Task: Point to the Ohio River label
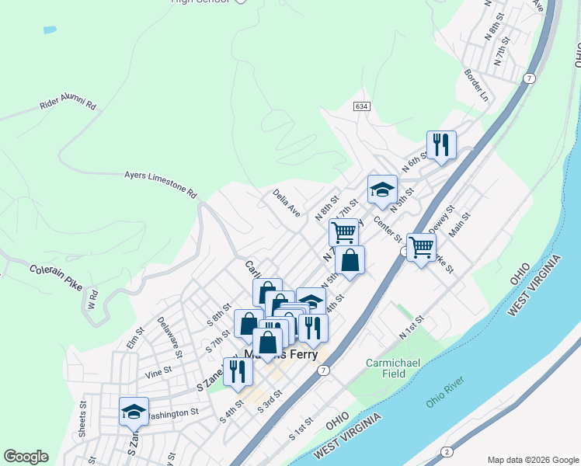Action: click(444, 392)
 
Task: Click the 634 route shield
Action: click(360, 106)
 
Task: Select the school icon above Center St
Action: click(382, 190)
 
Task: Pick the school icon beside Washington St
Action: click(134, 411)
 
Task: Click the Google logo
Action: click(26, 457)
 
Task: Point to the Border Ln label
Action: click(475, 85)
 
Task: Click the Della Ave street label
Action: click(286, 202)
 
